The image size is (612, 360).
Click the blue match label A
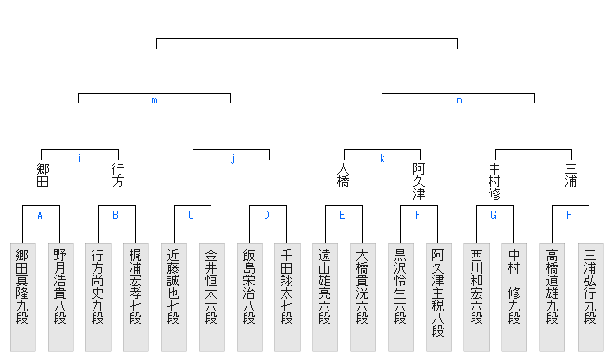(40, 215)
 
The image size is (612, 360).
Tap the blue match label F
(418, 215)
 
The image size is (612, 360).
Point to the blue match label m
(154, 101)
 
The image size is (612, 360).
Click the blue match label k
(382, 158)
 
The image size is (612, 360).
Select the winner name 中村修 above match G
(495, 181)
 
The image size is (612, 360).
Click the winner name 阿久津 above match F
(419, 181)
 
